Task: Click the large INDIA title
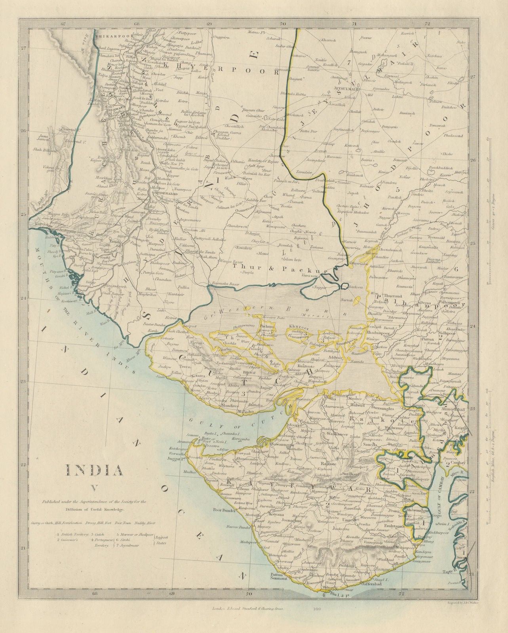pyautogui.click(x=94, y=470)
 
